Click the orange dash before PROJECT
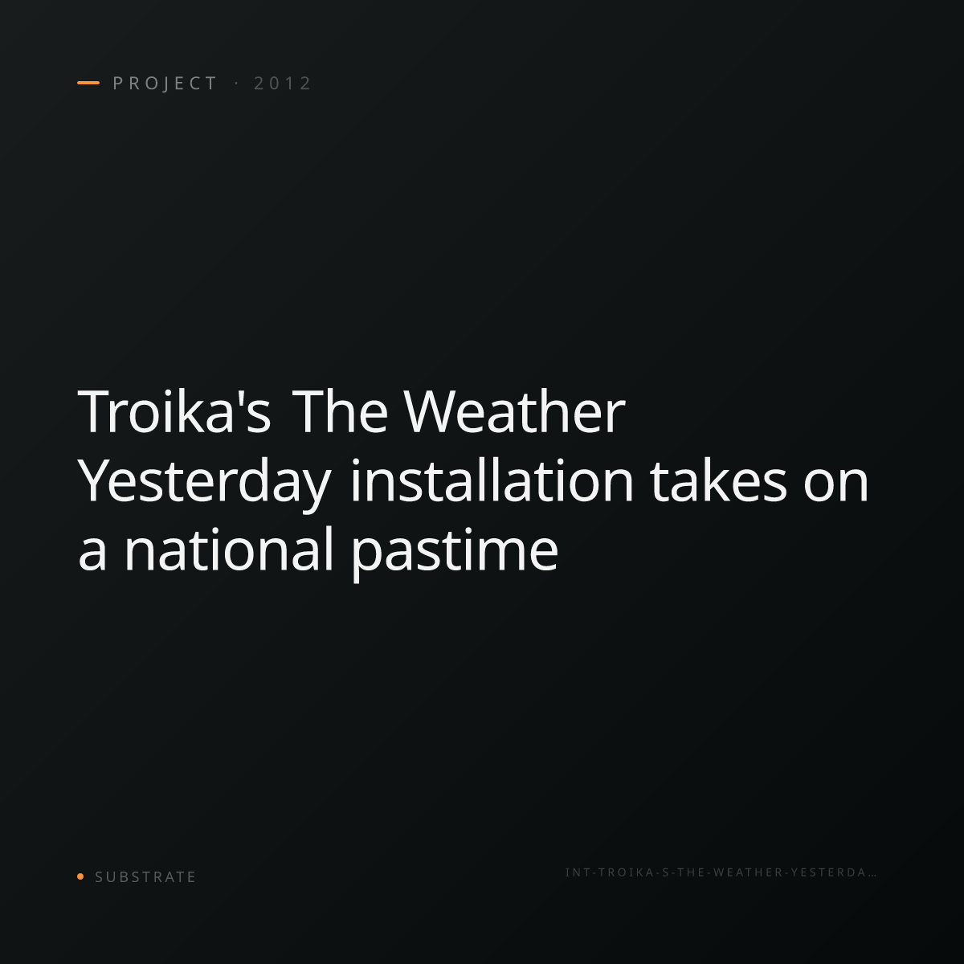click(88, 83)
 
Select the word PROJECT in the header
click(165, 84)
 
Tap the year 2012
click(283, 83)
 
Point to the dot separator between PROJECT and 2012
click(236, 83)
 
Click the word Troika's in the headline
click(174, 411)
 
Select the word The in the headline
click(340, 411)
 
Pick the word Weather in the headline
click(515, 411)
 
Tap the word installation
click(492, 480)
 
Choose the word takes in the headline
click(718, 480)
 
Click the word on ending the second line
click(836, 486)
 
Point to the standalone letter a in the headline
click(92, 555)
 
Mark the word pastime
click(454, 553)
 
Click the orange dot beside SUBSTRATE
click(80, 876)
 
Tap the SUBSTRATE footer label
click(145, 877)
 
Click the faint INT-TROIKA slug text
click(721, 872)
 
